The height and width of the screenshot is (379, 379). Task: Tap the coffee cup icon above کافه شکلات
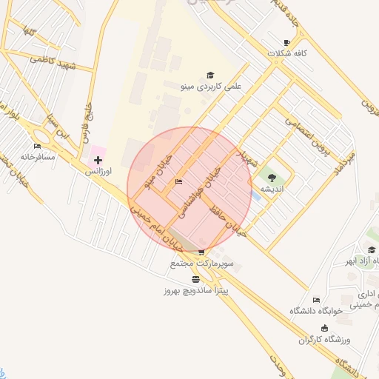click(287, 43)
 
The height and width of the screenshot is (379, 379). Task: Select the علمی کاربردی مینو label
click(211, 87)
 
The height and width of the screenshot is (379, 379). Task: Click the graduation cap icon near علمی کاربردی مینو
click(210, 76)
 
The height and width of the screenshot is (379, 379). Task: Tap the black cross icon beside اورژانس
click(98, 160)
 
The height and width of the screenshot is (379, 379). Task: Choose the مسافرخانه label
click(38, 157)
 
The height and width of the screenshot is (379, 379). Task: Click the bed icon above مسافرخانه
click(38, 146)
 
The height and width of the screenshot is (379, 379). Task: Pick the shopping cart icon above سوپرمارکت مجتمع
click(201, 252)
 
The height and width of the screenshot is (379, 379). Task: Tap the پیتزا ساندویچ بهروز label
click(196, 290)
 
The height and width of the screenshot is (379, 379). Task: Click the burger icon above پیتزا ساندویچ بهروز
click(195, 279)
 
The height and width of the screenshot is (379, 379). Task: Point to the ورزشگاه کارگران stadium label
click(323, 339)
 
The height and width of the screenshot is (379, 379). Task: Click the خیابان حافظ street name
click(227, 220)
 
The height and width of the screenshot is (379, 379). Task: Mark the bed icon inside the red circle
click(178, 182)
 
